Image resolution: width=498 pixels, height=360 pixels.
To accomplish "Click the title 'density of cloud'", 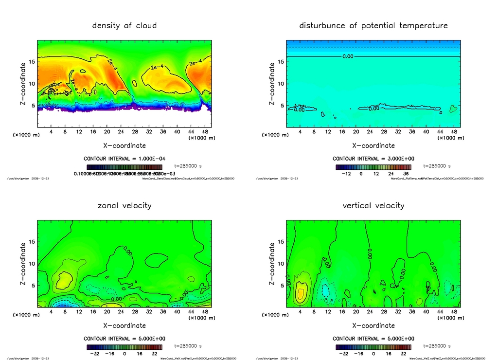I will tap(124, 26).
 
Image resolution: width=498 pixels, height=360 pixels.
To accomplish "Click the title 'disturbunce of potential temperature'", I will tap(373, 26).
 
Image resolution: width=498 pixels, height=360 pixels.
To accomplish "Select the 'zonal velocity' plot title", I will tap(124, 206).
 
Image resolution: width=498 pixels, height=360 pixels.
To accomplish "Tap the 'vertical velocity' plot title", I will tap(373, 206).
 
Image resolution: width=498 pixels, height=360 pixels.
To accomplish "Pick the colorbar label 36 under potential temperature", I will tap(405, 173).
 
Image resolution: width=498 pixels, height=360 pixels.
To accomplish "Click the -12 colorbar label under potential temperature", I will tap(346, 173).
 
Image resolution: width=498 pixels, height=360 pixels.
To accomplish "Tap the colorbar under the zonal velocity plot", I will tap(124, 347).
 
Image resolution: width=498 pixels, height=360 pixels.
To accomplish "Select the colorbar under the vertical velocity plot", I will tap(373, 347).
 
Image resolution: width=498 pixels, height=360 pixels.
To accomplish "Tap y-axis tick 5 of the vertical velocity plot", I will tap(282, 286).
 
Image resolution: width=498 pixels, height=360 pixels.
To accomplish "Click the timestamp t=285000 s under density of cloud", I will tap(188, 166).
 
